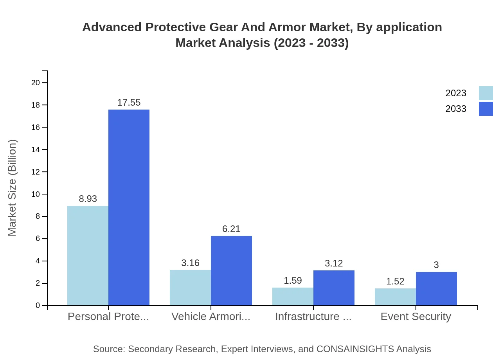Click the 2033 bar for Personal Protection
coord(129,207)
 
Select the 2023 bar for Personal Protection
coord(88,256)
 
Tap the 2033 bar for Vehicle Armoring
coord(231,270)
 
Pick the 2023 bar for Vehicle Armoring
coord(190,288)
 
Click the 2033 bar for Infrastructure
coord(334,288)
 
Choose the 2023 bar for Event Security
coord(395,297)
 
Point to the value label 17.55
coord(129,103)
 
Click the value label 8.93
coord(88,199)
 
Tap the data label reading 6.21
coord(231,229)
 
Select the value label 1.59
coord(293,281)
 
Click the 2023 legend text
coord(456,93)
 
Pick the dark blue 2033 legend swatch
coord(486,109)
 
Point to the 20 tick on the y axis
coord(36,83)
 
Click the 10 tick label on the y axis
coord(36,194)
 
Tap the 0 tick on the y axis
coord(38,305)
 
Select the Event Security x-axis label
coord(416,316)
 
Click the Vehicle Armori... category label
coord(211,316)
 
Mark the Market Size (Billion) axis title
coord(13,188)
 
